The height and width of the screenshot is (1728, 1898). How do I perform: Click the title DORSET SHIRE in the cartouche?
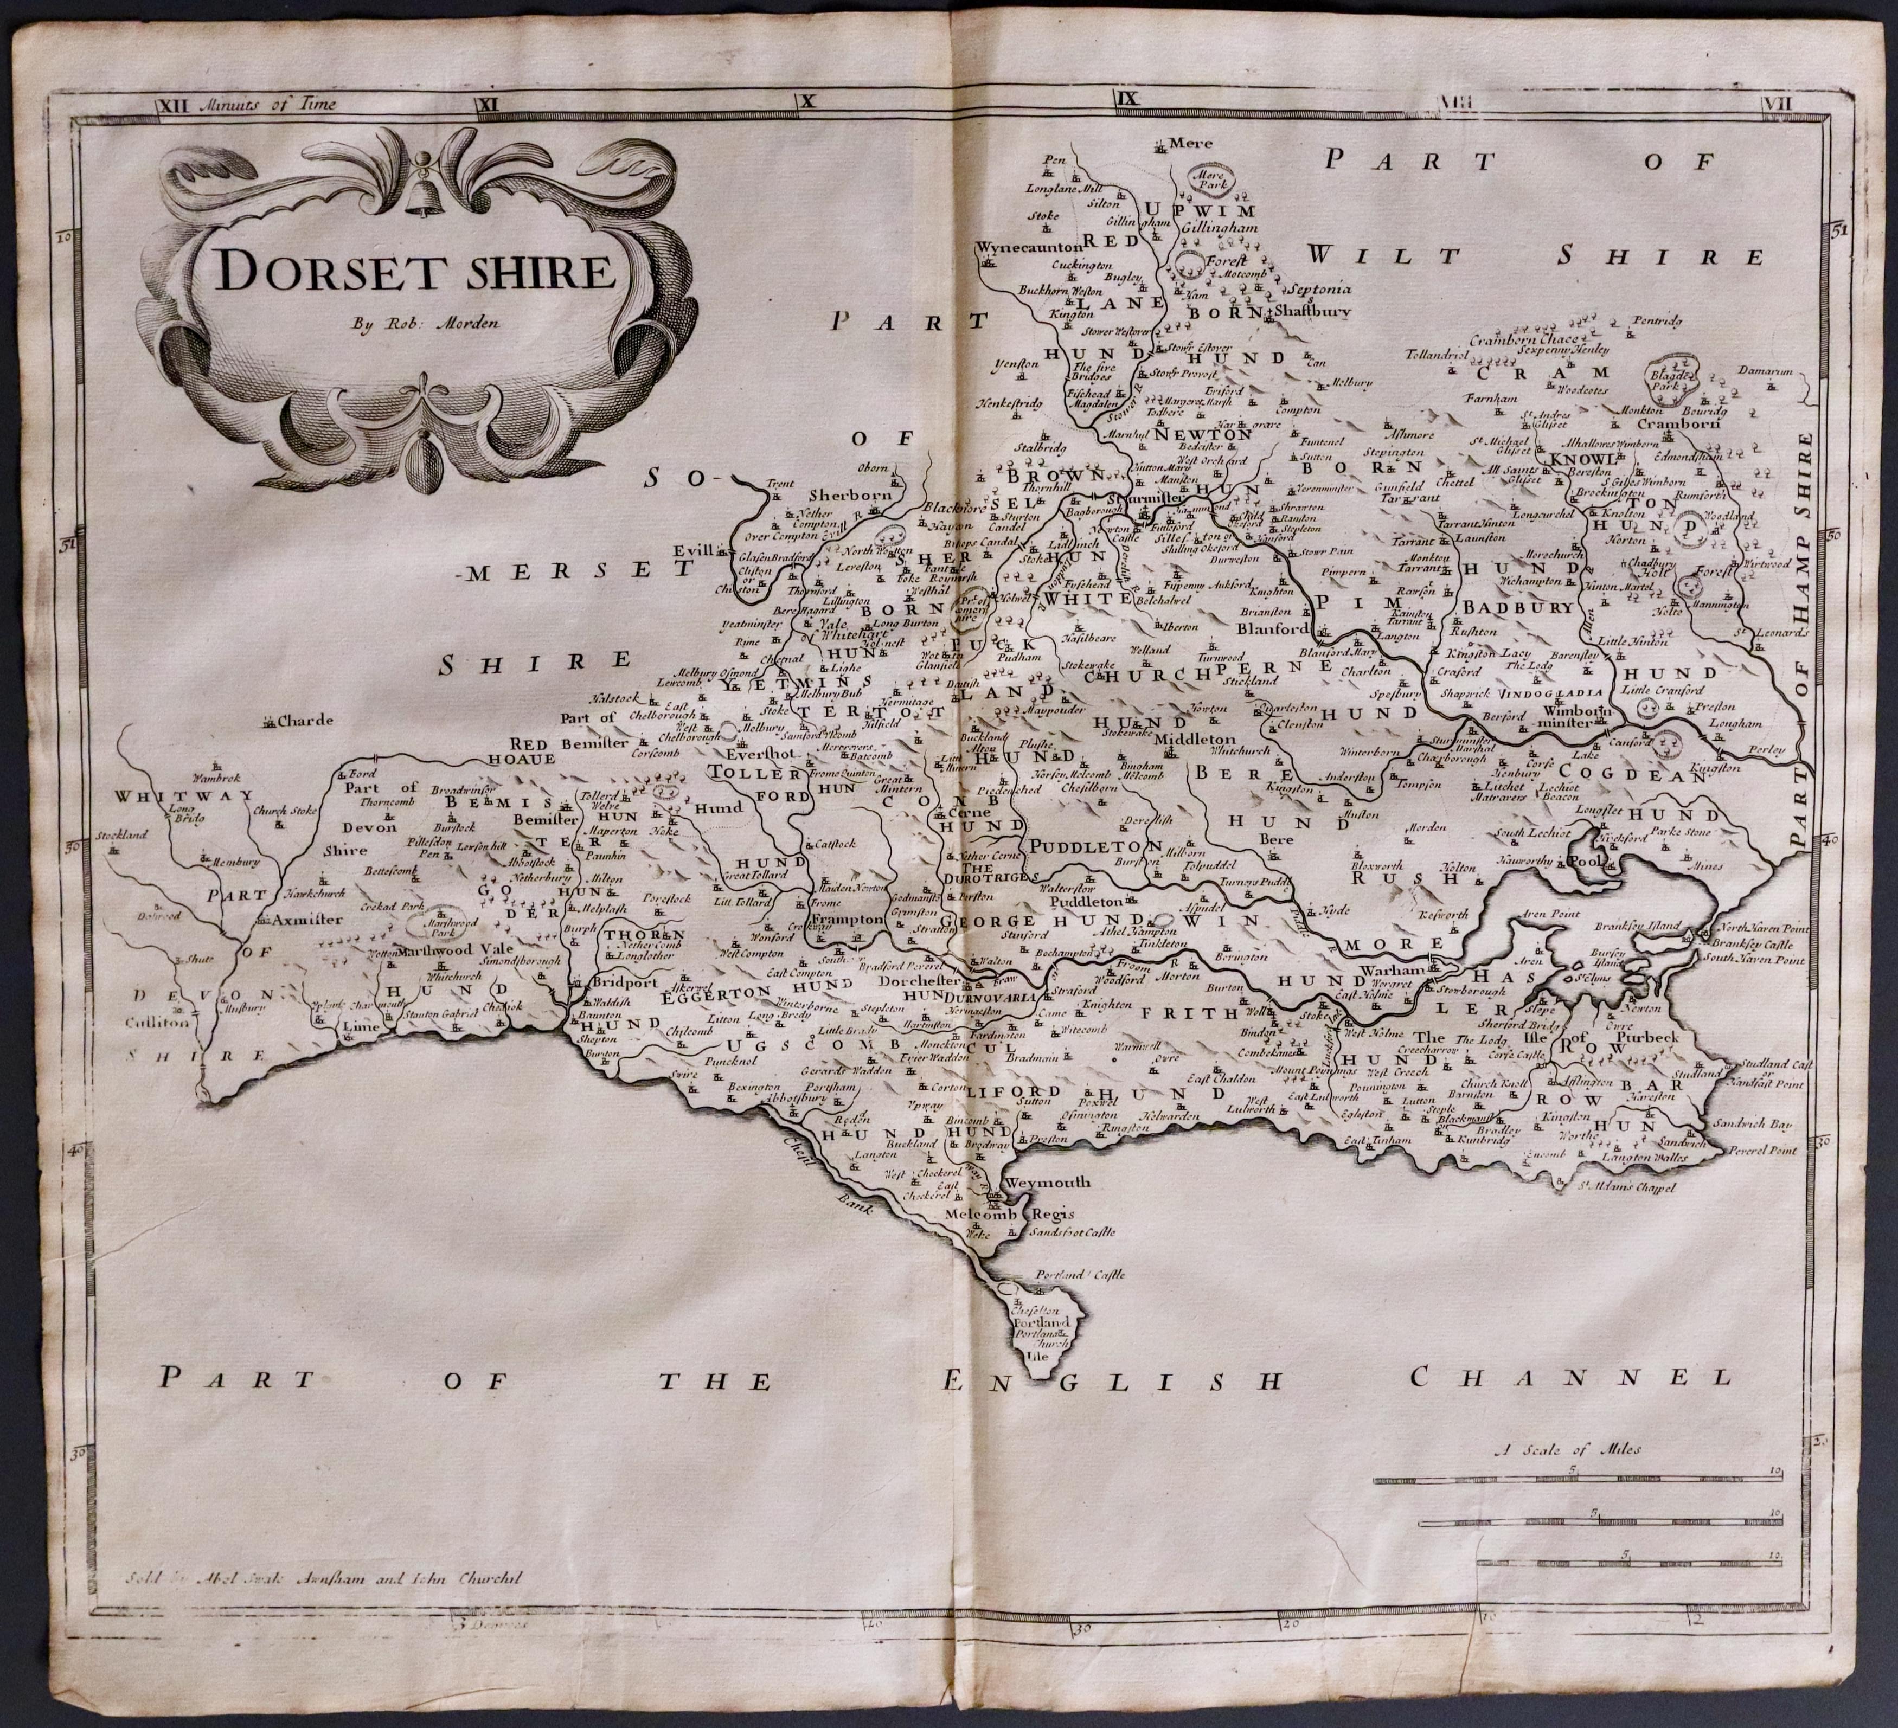[x=414, y=272]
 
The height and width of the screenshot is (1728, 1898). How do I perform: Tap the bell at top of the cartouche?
[x=421, y=198]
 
